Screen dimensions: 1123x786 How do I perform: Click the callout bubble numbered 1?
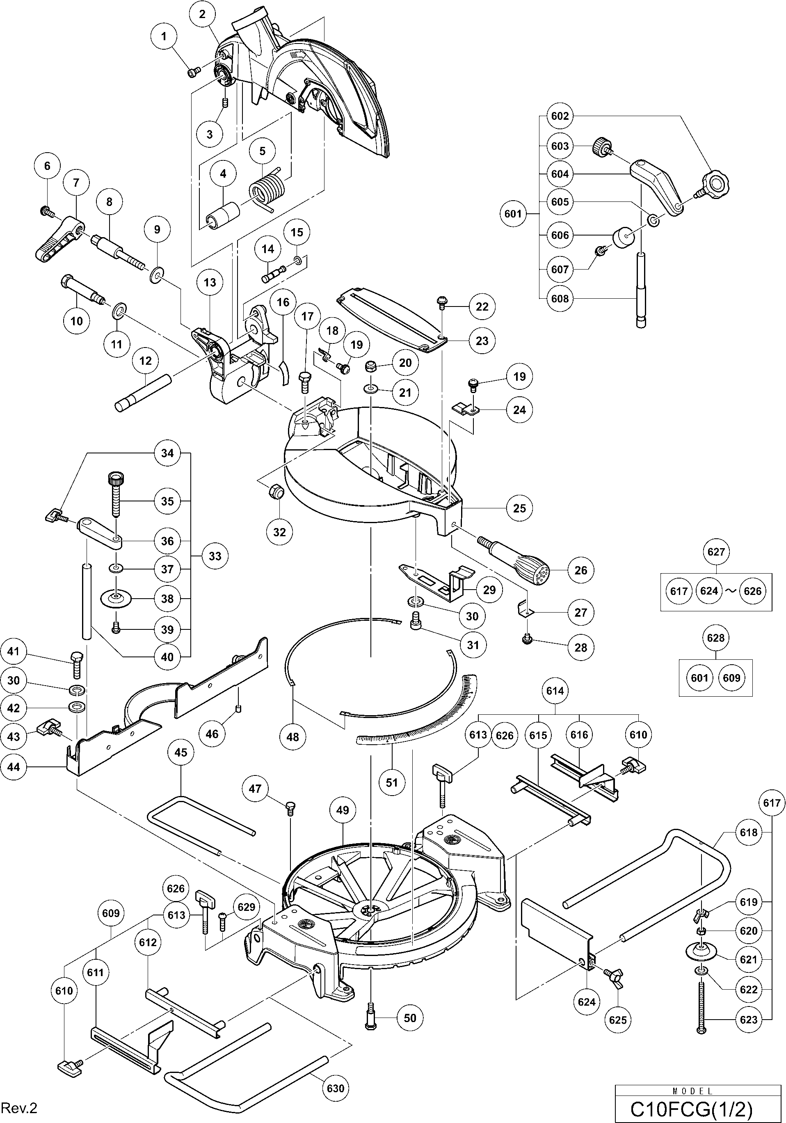pyautogui.click(x=164, y=36)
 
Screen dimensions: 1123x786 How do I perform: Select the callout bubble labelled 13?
pyautogui.click(x=210, y=282)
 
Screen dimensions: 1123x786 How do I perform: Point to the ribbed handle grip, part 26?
pyautogui.click(x=523, y=560)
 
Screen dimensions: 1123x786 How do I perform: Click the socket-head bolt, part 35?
pyautogui.click(x=115, y=494)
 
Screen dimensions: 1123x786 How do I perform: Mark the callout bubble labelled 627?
pyautogui.click(x=716, y=552)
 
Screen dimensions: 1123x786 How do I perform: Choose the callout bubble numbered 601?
pyautogui.click(x=513, y=214)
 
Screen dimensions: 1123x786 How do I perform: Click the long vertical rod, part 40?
pyautogui.click(x=87, y=602)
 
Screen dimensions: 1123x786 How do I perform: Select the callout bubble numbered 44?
pyautogui.click(x=14, y=766)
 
